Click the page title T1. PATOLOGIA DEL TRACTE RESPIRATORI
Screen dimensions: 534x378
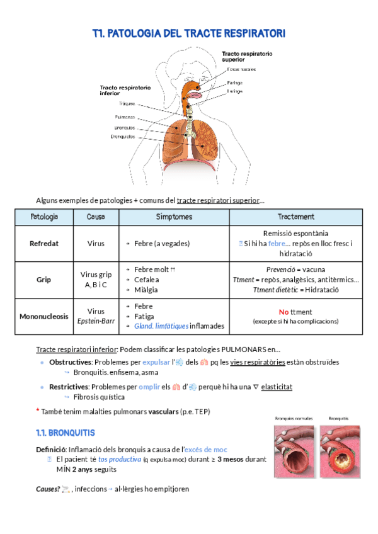click(188, 33)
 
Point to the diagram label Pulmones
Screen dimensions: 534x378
click(124, 117)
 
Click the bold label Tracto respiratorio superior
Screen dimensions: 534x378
click(246, 56)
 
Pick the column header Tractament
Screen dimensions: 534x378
click(295, 217)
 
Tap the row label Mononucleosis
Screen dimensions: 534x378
click(44, 317)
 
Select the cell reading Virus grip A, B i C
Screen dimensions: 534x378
click(96, 280)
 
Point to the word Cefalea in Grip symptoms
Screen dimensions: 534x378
click(147, 280)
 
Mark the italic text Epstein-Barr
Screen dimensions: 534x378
click(96, 321)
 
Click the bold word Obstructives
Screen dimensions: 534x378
click(70, 362)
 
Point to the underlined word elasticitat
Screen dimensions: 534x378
click(276, 387)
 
